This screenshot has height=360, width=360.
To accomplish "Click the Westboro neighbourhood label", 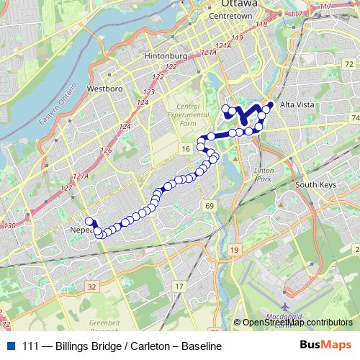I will (x=101, y=89).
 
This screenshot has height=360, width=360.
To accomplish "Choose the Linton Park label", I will (x=264, y=174).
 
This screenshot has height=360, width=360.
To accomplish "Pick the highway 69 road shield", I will (x=210, y=207).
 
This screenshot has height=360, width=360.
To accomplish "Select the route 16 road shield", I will (x=186, y=148).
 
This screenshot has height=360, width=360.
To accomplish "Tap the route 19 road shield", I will (x=234, y=249).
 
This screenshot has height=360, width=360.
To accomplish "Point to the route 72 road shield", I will (x=348, y=64).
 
